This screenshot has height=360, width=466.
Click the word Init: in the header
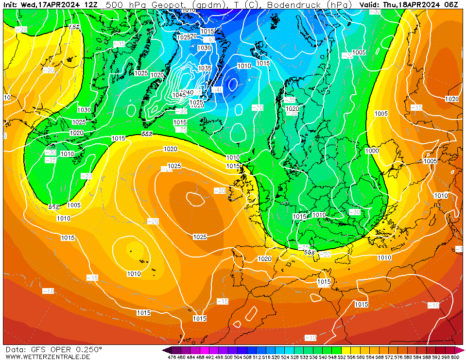(x=11, y=4)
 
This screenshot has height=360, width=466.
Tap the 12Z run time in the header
(x=90, y=4)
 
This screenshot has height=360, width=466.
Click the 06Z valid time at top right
(x=451, y=4)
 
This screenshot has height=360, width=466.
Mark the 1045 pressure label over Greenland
(x=179, y=95)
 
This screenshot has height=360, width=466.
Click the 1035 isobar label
(x=205, y=68)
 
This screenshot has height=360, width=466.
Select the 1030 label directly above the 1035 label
(x=204, y=48)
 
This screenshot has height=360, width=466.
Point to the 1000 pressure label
(x=372, y=151)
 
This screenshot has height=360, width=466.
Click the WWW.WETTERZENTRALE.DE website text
(x=48, y=357)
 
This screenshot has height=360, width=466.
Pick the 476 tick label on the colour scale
(x=172, y=357)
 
